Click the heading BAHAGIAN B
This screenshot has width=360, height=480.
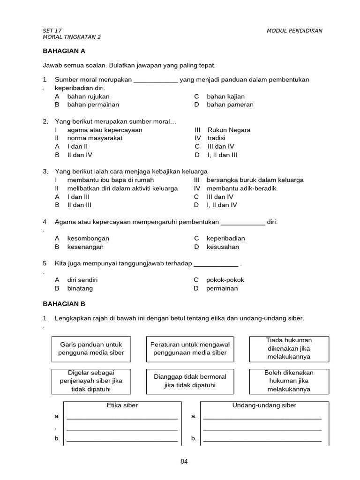(64, 304)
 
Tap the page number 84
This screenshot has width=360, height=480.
(184, 461)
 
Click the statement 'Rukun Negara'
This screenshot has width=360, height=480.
(229, 130)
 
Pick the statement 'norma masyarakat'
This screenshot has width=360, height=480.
(95, 138)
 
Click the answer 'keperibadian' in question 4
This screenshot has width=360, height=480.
(225, 238)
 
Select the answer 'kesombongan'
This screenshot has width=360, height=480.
(88, 238)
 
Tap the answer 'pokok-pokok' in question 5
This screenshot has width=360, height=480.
(225, 280)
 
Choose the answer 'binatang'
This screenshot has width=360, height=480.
(80, 288)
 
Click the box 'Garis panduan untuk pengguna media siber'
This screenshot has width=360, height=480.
(91, 349)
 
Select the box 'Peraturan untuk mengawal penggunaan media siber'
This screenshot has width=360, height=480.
(190, 349)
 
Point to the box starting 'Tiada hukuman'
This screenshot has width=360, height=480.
(289, 348)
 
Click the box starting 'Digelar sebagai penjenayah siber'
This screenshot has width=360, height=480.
(91, 381)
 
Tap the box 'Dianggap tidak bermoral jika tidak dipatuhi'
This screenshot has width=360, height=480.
(190, 381)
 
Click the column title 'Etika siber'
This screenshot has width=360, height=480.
(122, 405)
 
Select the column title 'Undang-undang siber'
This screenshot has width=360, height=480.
(264, 405)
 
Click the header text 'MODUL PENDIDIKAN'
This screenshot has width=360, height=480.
(294, 31)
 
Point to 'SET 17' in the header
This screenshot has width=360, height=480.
(52, 31)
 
